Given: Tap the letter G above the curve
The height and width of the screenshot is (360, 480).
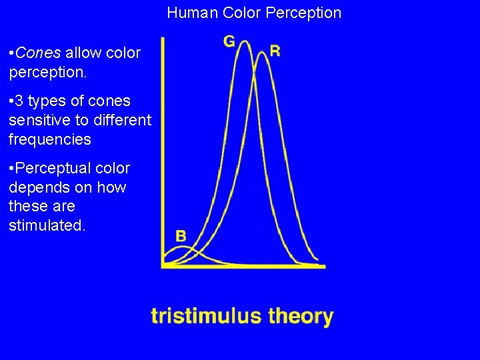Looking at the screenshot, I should pos(229,41).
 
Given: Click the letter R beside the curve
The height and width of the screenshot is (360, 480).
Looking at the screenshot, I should pos(275,51).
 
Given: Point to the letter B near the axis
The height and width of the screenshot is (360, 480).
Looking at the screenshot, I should pos(181,235).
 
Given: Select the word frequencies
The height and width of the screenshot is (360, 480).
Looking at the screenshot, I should pos(50,139).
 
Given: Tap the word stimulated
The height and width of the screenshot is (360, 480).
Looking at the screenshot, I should pos(47,225).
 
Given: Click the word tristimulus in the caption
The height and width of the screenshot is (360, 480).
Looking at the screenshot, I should pos(207,315).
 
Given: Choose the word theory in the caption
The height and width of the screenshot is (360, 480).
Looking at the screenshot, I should pos(301,315).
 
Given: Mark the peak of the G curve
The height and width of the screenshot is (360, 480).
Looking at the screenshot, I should pos(245,41).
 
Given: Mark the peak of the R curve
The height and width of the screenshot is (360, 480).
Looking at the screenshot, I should pos(262,52).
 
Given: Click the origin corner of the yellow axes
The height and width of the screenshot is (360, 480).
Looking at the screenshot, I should pos(163,265).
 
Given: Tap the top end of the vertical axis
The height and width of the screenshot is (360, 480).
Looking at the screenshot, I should pos(163,37).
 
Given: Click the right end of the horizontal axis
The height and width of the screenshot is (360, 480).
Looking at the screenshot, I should pos(324,265).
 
